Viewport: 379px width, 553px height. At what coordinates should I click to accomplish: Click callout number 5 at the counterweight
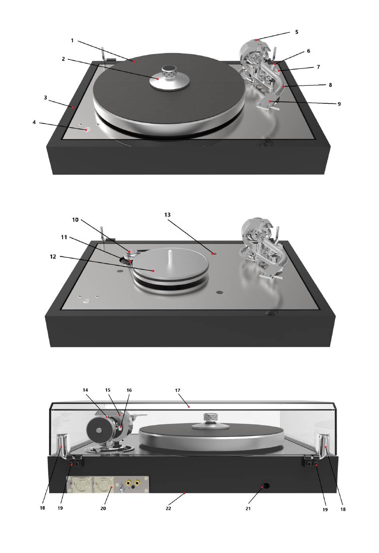tap(296, 32)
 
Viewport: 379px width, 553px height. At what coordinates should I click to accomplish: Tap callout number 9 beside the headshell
tap(339, 104)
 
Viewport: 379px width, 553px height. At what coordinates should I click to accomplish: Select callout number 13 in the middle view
tap(167, 215)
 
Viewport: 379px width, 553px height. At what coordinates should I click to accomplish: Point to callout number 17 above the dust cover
tap(178, 390)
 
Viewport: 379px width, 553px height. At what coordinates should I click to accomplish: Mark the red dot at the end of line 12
tap(154, 271)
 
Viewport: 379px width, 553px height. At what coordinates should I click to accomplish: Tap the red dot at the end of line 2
tap(157, 79)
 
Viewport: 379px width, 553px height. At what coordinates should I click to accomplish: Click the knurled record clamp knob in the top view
tap(170, 72)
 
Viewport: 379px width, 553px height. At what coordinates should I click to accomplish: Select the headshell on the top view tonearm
tap(268, 103)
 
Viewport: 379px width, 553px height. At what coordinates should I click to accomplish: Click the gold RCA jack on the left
tap(129, 482)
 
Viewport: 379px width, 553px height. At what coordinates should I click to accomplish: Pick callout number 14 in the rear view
tap(85, 390)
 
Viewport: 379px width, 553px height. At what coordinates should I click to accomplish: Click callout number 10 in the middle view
tap(75, 220)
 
